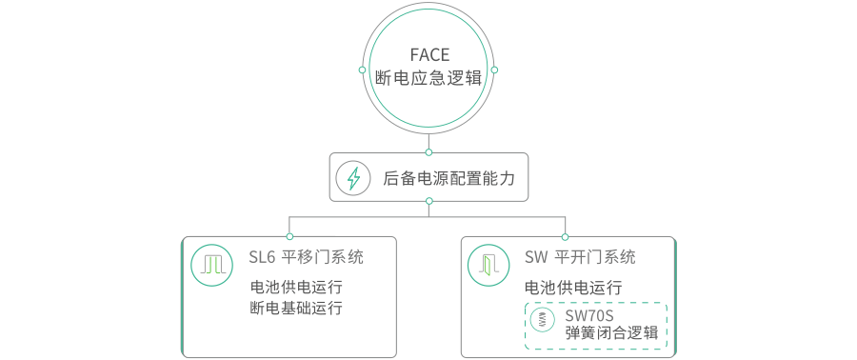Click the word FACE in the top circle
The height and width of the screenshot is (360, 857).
tap(429, 55)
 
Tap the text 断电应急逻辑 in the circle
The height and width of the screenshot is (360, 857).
tap(429, 78)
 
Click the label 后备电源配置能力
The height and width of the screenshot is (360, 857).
tap(448, 177)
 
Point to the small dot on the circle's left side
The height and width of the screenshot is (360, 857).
tap(362, 70)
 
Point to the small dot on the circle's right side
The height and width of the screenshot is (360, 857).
tap(494, 70)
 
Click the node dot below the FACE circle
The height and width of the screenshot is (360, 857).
tap(429, 152)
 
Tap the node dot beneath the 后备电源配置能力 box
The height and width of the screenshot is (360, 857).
tap(429, 201)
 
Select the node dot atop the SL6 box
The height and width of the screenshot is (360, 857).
tap(289, 236)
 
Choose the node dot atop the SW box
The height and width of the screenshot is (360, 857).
tap(565, 236)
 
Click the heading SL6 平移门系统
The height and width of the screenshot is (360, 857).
tap(306, 257)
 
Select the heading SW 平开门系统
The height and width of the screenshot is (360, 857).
tap(580, 257)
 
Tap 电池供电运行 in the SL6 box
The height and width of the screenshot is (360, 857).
tap(296, 287)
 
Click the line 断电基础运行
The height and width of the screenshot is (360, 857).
tap(296, 308)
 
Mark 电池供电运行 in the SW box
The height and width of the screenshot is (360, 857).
tap(573, 287)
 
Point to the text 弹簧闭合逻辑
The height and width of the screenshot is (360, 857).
tap(612, 333)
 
